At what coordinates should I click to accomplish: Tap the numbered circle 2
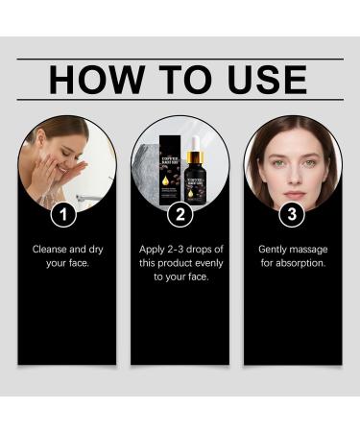(x=180, y=211)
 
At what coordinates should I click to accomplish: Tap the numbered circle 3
(x=292, y=211)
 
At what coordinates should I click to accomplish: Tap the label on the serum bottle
(x=195, y=177)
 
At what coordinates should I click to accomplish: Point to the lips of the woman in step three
(x=293, y=175)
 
